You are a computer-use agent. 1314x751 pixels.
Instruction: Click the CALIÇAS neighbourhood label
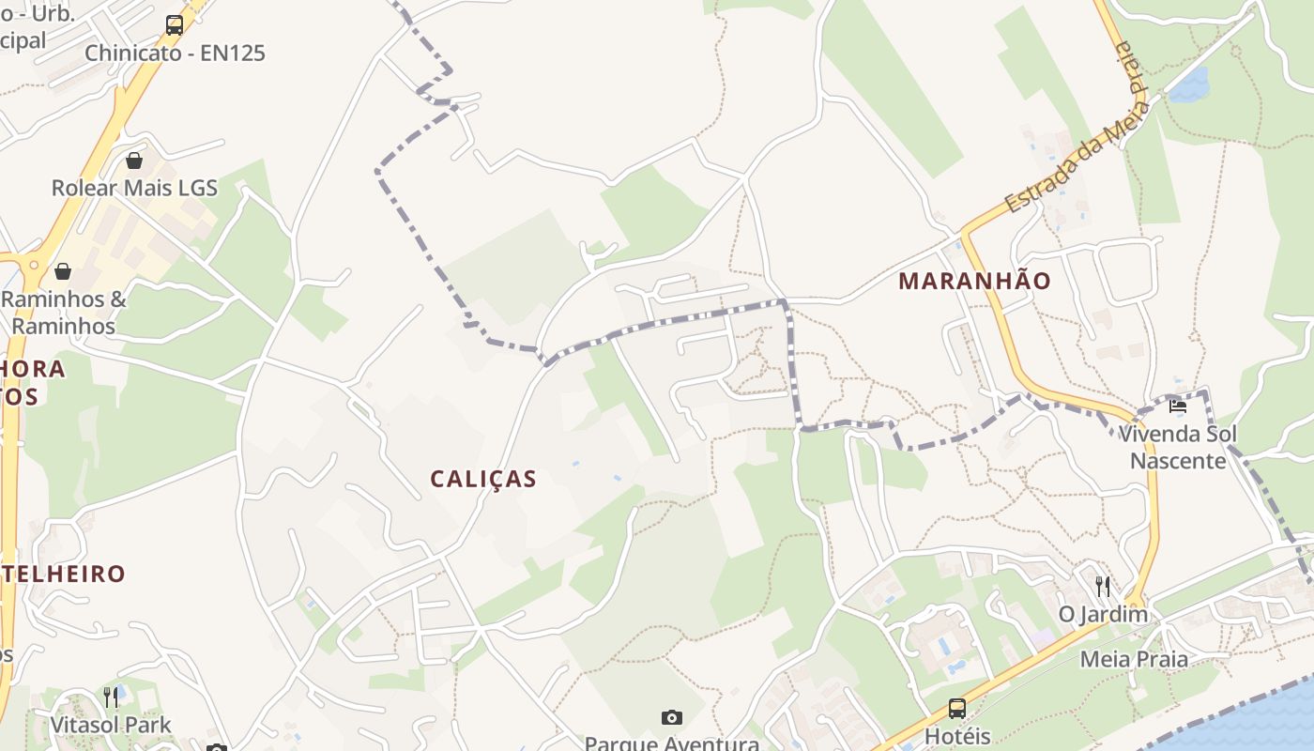click(x=483, y=479)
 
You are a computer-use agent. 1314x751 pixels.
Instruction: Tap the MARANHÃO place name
click(x=974, y=281)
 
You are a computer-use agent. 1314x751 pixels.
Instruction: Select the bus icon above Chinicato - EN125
click(x=175, y=25)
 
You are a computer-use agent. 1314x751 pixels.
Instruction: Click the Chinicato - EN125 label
click(x=176, y=53)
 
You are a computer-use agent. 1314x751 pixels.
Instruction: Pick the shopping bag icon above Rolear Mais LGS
click(x=134, y=161)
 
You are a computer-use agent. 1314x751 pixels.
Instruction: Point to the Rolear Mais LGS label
click(x=134, y=188)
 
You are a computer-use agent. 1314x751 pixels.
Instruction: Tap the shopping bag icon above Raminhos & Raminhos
click(x=63, y=272)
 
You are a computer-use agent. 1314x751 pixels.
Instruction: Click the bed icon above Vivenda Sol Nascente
click(x=1178, y=406)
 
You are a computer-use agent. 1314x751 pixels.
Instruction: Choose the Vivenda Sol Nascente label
click(x=1178, y=447)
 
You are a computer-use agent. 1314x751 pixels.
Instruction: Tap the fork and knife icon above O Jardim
click(x=1103, y=587)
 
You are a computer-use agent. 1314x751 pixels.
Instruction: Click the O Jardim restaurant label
click(x=1103, y=615)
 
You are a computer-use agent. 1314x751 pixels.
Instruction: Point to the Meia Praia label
click(x=1134, y=659)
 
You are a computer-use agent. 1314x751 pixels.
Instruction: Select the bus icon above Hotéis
click(x=957, y=709)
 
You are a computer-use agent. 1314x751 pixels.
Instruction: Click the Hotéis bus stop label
click(x=957, y=735)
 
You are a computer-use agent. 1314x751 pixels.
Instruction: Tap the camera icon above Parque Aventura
click(x=672, y=718)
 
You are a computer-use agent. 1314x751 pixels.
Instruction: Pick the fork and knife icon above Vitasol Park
click(x=111, y=697)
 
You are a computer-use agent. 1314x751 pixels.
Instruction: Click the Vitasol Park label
click(x=111, y=725)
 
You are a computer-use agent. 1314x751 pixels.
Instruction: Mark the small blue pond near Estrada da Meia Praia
click(x=1188, y=85)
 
